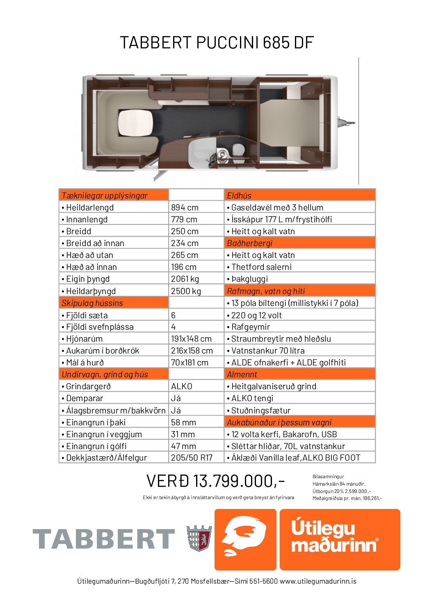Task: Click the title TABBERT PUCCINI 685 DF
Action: (217, 43)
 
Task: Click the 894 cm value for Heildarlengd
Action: (185, 208)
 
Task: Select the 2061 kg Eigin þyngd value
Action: (185, 279)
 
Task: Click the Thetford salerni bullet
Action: (261, 267)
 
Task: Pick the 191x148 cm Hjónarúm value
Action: (191, 339)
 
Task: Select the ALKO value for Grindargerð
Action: (181, 386)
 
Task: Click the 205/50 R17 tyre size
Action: (192, 458)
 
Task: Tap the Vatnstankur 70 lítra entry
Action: (267, 351)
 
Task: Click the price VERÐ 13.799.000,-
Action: (215, 481)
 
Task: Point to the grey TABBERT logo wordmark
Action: (104, 539)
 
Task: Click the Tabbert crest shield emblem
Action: (199, 538)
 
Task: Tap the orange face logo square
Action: (245, 539)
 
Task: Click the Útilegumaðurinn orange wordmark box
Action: (340, 539)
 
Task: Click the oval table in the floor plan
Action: (136, 124)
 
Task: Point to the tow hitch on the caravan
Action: (347, 122)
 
